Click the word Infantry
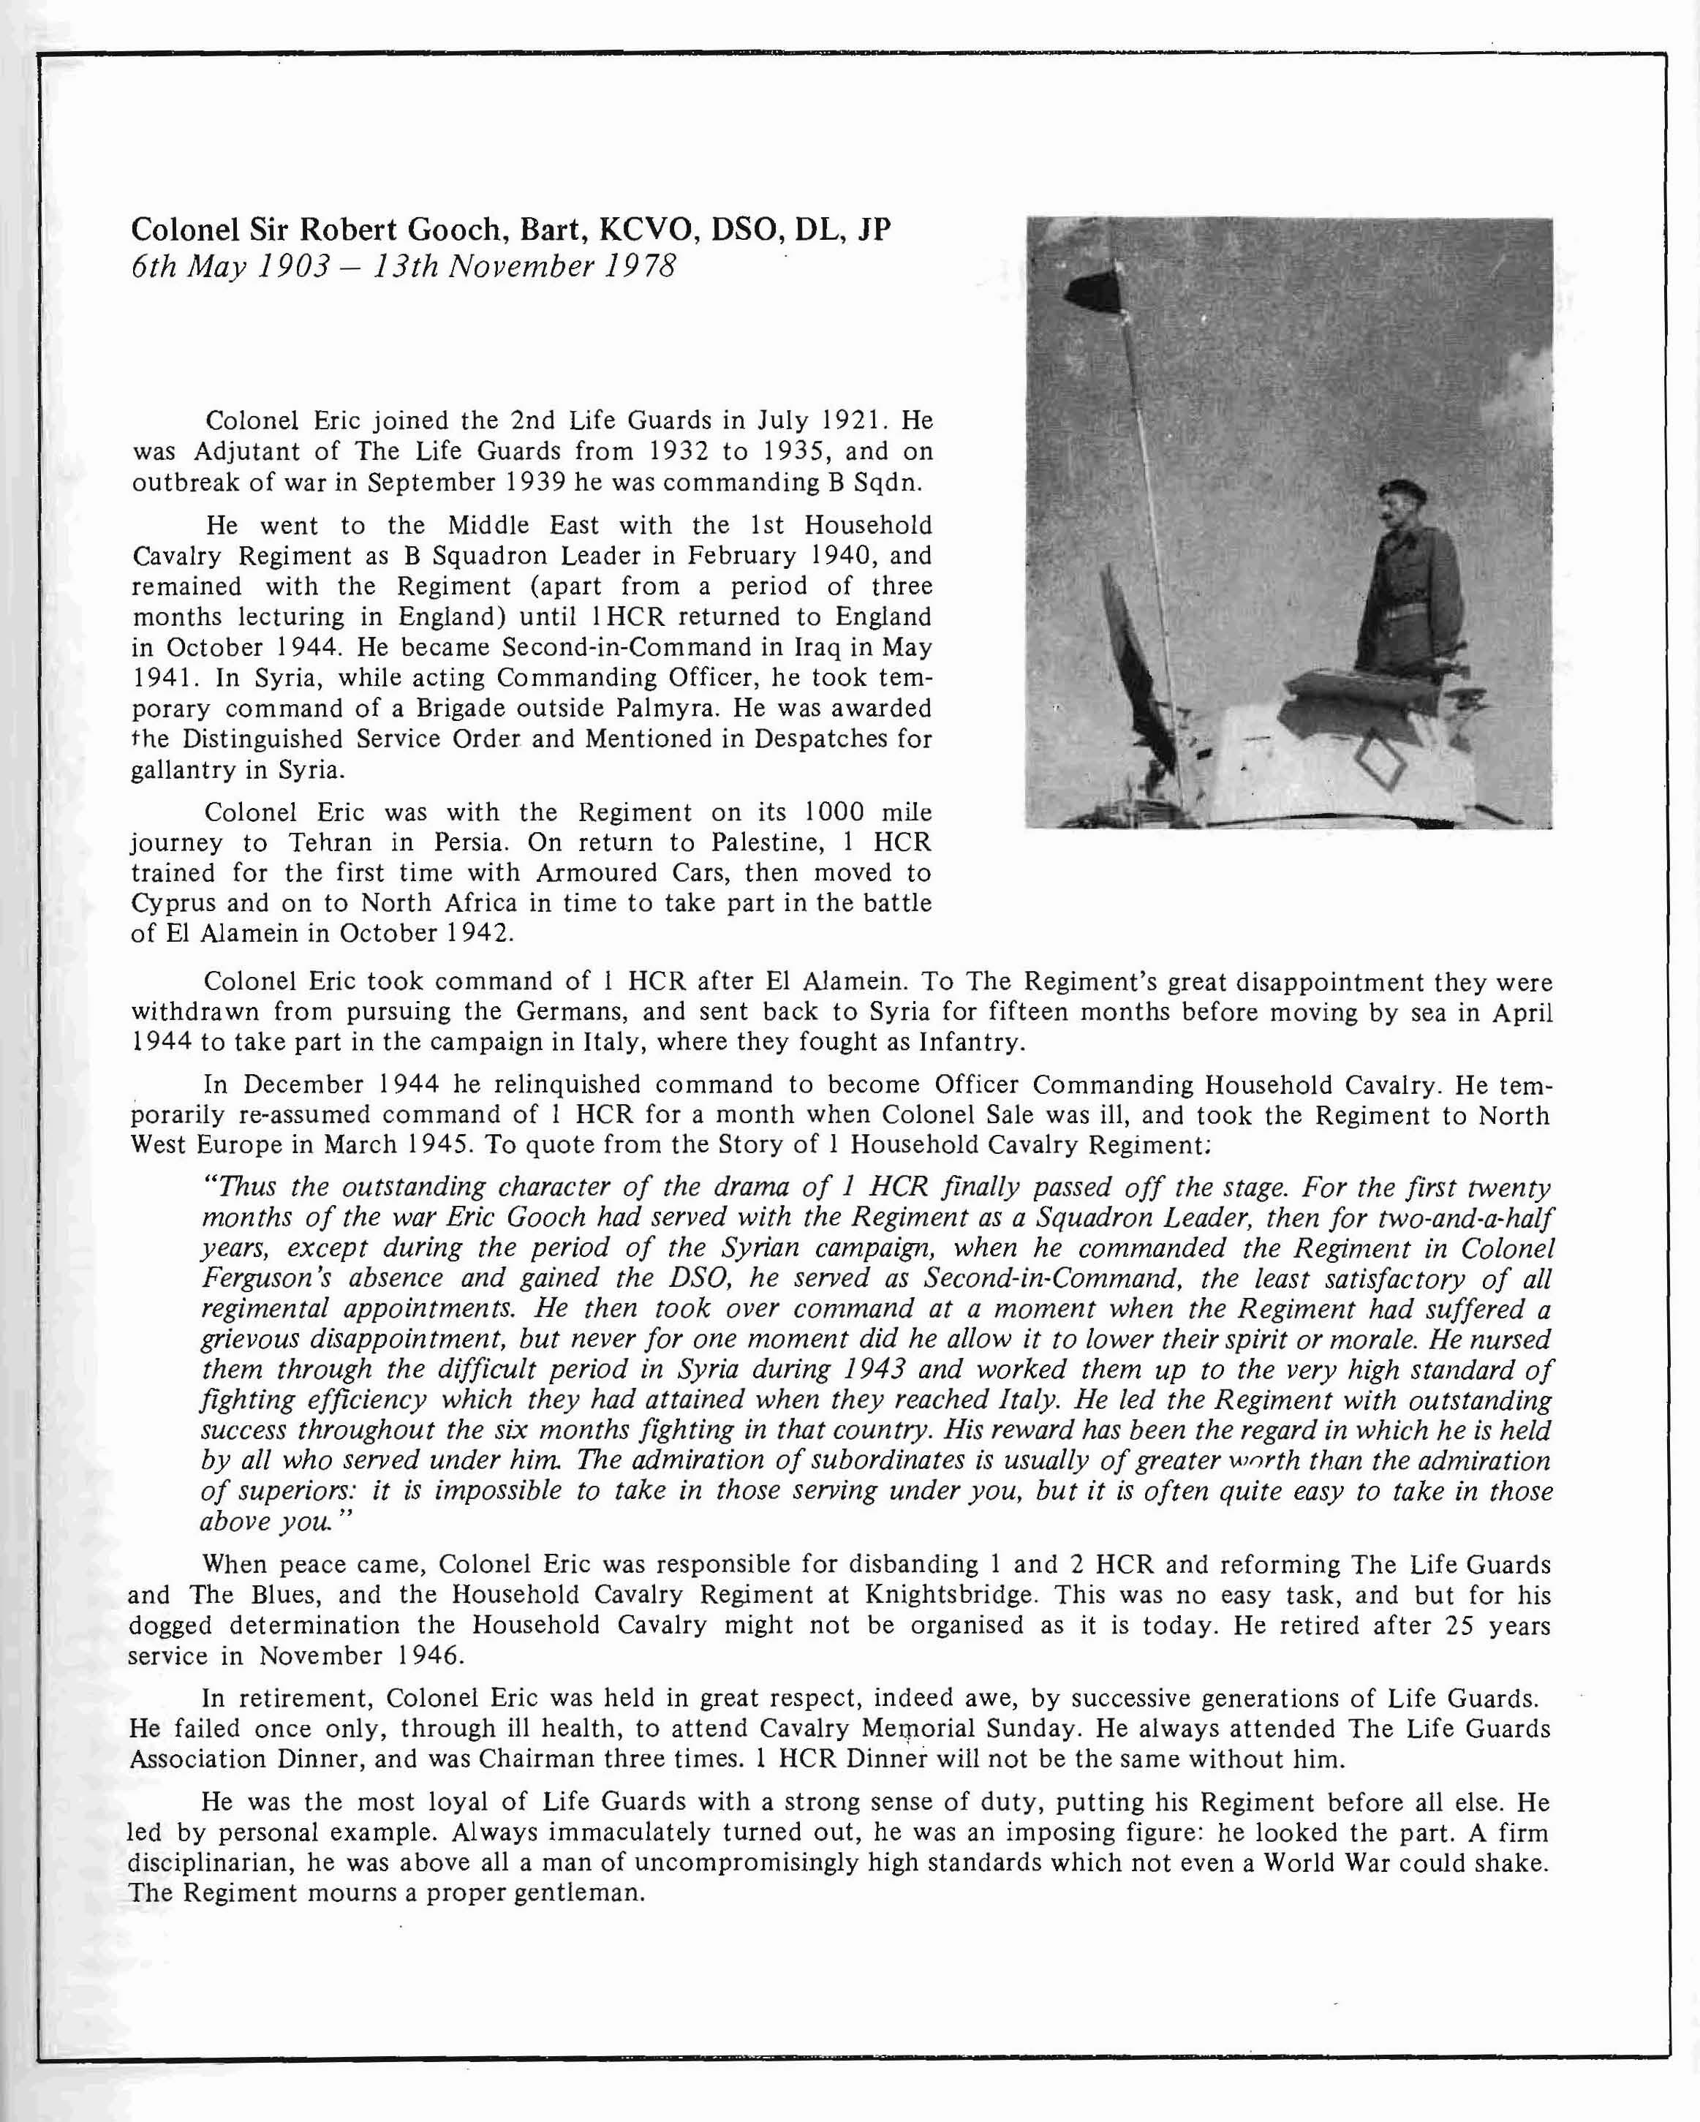[970, 1042]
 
